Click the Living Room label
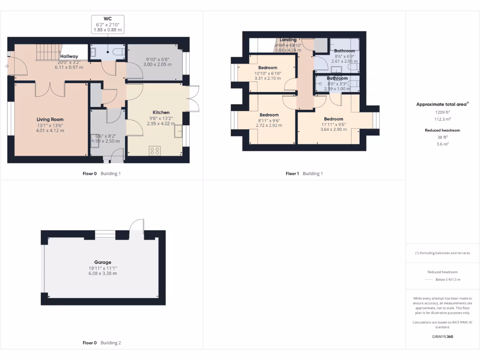tap(50, 120)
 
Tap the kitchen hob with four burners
tap(154, 151)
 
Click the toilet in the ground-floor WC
tap(120, 51)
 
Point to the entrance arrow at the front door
tap(6, 67)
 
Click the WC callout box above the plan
tap(108, 24)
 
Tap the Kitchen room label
tap(161, 112)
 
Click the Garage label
tap(102, 262)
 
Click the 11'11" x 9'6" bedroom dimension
tap(333, 124)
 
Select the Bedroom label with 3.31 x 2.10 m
tap(268, 68)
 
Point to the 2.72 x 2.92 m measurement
tap(269, 126)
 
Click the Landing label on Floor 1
tap(288, 40)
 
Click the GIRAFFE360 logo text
tap(442, 337)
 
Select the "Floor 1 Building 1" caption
tap(304, 173)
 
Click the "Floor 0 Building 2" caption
tap(102, 343)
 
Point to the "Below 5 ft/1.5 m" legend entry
tap(448, 279)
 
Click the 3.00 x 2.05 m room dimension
tap(156, 65)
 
